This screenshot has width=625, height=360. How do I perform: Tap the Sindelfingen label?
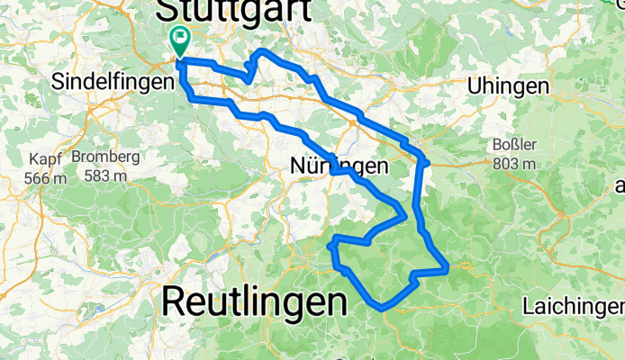113,81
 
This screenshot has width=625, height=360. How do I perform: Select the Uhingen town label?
509,86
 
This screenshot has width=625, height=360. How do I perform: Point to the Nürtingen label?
340,166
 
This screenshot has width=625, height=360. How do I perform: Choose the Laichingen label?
572,307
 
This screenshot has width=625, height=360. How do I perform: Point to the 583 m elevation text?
106,175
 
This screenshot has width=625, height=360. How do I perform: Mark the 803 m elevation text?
515,163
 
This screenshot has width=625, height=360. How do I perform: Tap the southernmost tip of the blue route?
383,308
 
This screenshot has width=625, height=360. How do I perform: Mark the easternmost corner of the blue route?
447,267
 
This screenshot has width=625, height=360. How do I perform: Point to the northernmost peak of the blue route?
262,50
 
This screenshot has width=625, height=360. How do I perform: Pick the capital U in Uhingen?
476,86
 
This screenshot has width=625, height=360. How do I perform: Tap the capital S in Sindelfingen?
59,81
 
